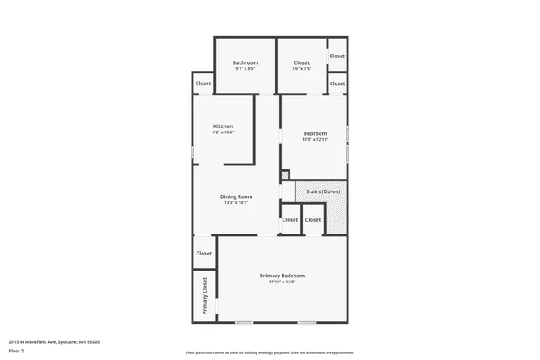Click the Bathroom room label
tap(246, 62)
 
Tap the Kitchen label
tap(223, 126)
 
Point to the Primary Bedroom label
tap(282, 276)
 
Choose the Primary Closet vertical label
tap(204, 296)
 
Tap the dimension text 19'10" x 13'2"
tap(282, 282)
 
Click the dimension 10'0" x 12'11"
tap(315, 139)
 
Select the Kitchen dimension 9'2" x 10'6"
tap(223, 132)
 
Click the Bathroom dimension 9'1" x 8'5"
tap(246, 68)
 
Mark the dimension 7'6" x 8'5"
tap(302, 68)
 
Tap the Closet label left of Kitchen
tap(203, 83)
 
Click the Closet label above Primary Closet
tap(203, 253)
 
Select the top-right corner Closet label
tap(337, 56)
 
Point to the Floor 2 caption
tap(17, 352)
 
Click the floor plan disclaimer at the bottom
tap(270, 352)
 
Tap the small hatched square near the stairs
tap(285, 175)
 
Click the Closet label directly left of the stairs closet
tap(290, 219)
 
